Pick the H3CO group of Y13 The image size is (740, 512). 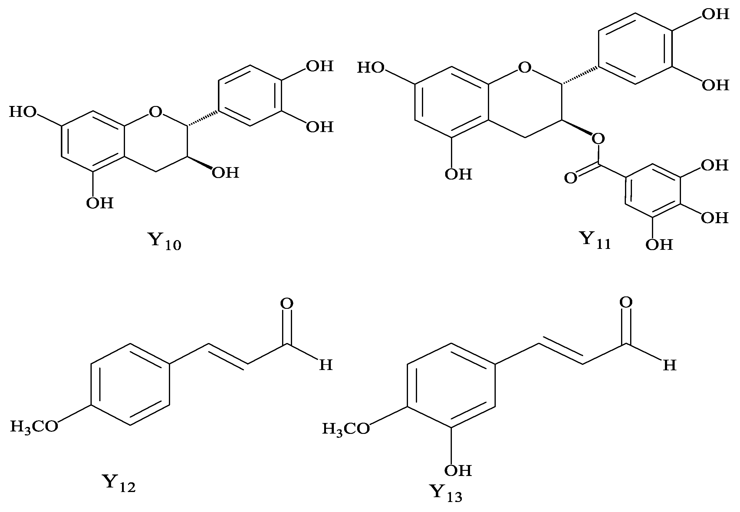pyautogui.click(x=346, y=429)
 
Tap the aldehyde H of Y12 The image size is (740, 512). pyautogui.click(x=326, y=365)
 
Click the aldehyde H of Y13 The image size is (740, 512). pyautogui.click(x=669, y=365)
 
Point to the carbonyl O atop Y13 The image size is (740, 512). pyautogui.click(x=626, y=302)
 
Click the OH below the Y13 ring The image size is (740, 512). pyautogui.click(x=458, y=471)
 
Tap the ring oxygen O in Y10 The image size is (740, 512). pyautogui.click(x=156, y=112)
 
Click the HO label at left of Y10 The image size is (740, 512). pyautogui.click(x=23, y=112)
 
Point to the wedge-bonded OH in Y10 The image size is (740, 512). pyautogui.click(x=225, y=173)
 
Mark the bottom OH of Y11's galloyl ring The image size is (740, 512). pyautogui.click(x=659, y=245)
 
